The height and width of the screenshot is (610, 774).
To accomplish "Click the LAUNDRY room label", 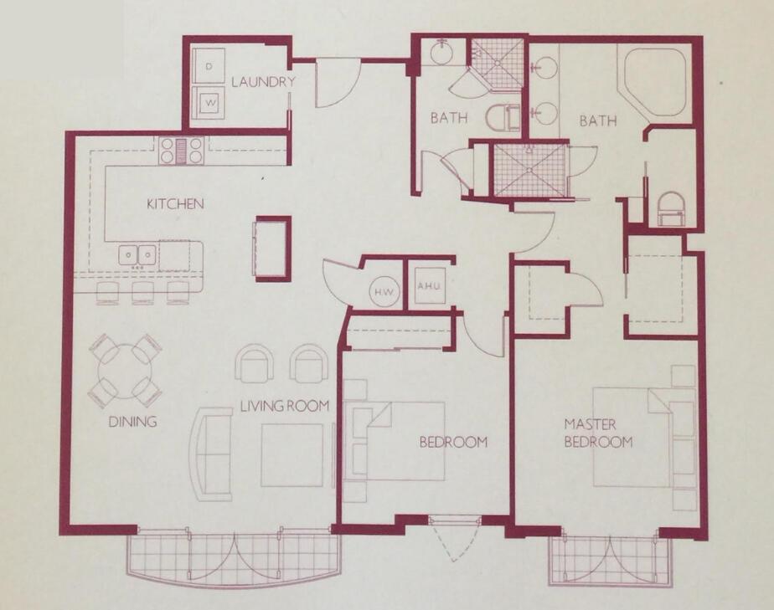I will coord(263,82).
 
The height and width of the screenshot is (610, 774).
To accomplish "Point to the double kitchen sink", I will coord(137,254).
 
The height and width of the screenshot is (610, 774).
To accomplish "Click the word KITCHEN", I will coord(175,203).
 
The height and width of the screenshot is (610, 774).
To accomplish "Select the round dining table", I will coord(125,369).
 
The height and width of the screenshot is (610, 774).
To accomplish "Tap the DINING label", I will coord(132,422).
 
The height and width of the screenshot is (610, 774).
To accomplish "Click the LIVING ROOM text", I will coord(284,406).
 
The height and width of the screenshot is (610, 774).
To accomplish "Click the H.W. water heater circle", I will coord(384,290).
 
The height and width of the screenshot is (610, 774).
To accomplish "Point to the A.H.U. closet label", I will coord(428,286).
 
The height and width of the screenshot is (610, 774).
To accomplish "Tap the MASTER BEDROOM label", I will coord(597,433).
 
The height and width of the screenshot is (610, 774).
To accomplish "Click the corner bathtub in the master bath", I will coord(653,82).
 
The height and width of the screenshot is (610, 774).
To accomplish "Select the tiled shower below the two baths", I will coord(529,170).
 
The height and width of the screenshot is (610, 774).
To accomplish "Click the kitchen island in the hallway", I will coord(273,248).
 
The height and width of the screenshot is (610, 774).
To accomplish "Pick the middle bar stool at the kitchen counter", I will coord(143,291).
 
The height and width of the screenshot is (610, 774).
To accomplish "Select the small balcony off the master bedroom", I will coord(611,559).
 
